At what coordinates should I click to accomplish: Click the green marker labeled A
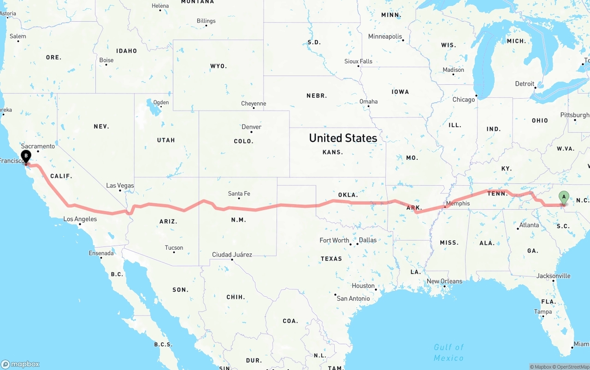click(563, 197)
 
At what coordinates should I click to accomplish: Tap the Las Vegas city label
click(120, 185)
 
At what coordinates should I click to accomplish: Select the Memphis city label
click(458, 203)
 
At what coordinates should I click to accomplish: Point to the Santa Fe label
click(239, 194)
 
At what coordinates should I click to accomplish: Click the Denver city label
click(251, 127)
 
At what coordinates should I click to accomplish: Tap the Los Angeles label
click(80, 219)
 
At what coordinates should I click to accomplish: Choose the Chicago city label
click(463, 100)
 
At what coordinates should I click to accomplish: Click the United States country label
click(342, 138)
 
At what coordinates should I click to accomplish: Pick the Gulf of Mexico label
click(448, 352)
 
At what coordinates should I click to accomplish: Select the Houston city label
click(363, 286)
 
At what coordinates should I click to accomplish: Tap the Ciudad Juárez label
click(232, 254)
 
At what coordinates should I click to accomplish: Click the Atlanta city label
click(529, 225)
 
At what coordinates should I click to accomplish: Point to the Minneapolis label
click(385, 36)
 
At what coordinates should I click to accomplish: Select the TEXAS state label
click(331, 258)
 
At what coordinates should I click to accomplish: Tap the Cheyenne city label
click(254, 104)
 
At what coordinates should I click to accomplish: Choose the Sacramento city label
click(38, 146)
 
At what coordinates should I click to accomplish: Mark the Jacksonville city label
click(553, 276)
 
